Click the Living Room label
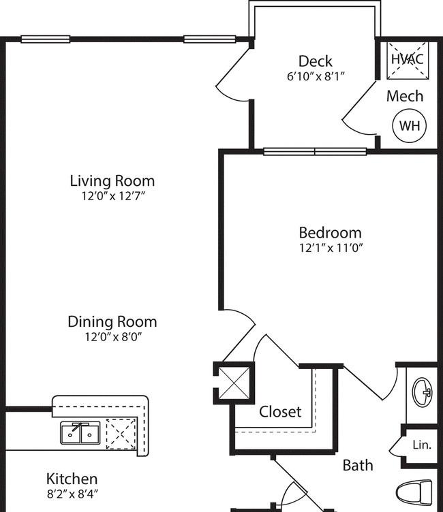click(112, 181)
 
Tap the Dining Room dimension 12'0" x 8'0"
click(113, 336)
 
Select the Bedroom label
click(331, 233)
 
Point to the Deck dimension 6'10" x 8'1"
click(316, 76)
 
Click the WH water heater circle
click(410, 125)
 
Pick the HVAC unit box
click(408, 60)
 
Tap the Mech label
click(405, 96)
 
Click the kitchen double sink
click(80, 433)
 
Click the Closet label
click(280, 412)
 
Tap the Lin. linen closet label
click(422, 445)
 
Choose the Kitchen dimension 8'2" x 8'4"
click(72, 494)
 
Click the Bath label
click(358, 465)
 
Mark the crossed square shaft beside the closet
click(234, 383)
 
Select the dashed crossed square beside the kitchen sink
click(121, 434)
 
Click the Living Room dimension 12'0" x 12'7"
click(113, 196)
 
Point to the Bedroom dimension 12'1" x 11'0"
click(331, 248)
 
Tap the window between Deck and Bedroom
click(315, 152)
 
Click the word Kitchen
click(72, 479)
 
